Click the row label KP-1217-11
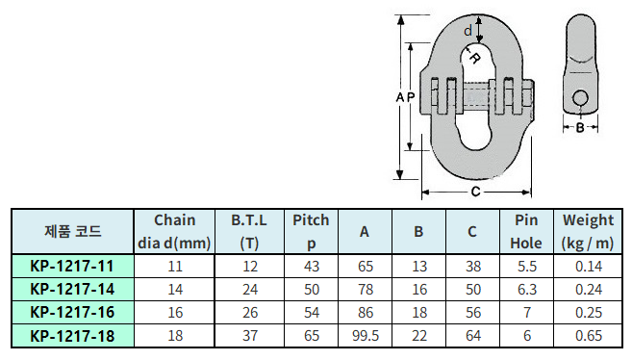pyautogui.click(x=72, y=266)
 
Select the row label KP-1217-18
pyautogui.click(x=72, y=336)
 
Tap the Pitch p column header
pyautogui.click(x=311, y=231)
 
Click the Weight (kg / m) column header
pyautogui.click(x=588, y=231)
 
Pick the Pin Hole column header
pyautogui.click(x=526, y=231)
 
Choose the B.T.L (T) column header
pyautogui.click(x=249, y=231)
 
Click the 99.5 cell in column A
pyautogui.click(x=366, y=336)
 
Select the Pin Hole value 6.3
pyautogui.click(x=527, y=290)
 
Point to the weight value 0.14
pyautogui.click(x=589, y=266)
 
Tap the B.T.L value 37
pyautogui.click(x=250, y=336)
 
